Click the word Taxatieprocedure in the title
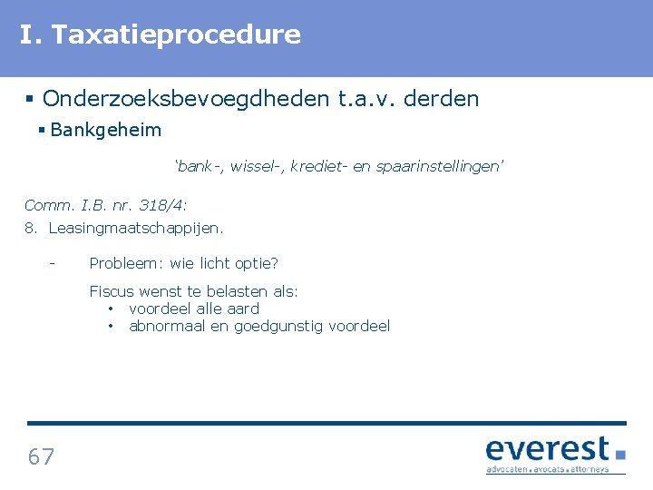point(176,35)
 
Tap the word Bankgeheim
point(106,130)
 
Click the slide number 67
point(41,456)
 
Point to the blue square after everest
point(620,454)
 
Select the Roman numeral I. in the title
point(31,35)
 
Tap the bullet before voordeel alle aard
point(110,309)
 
